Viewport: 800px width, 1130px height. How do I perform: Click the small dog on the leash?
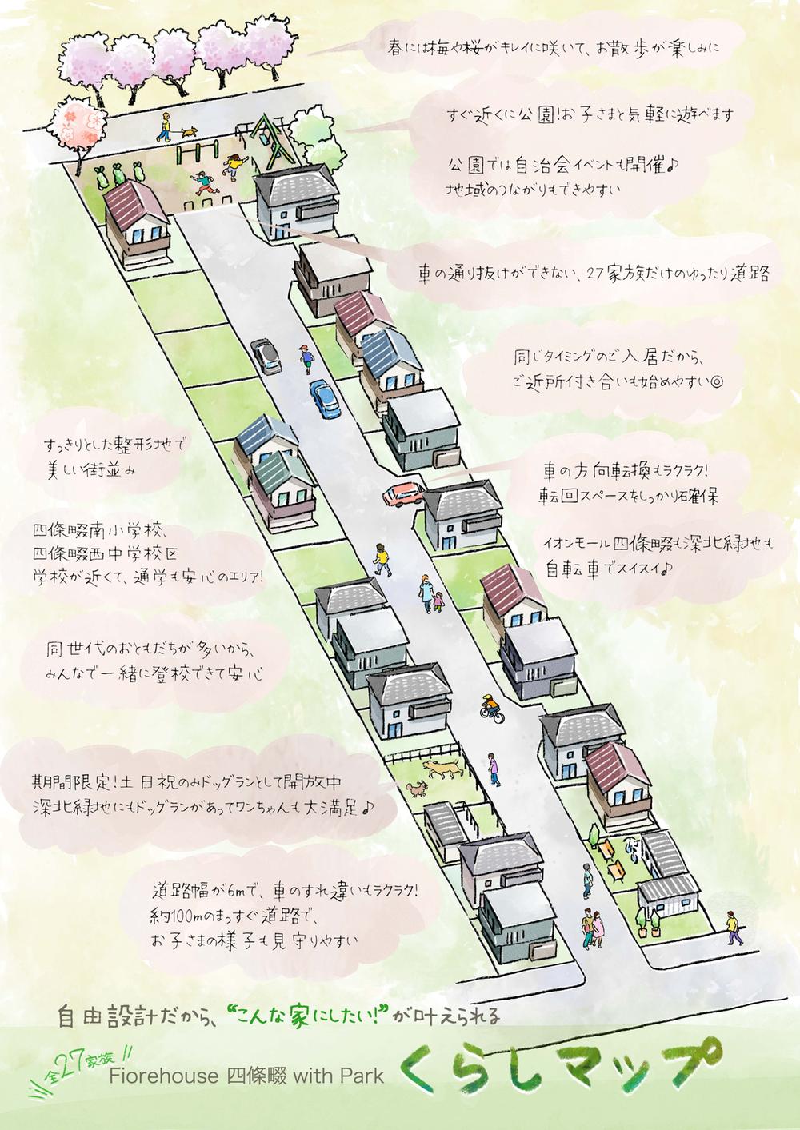[x=190, y=131]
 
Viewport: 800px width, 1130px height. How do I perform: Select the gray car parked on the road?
[x=265, y=353]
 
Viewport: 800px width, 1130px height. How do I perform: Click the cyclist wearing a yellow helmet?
[x=490, y=707]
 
